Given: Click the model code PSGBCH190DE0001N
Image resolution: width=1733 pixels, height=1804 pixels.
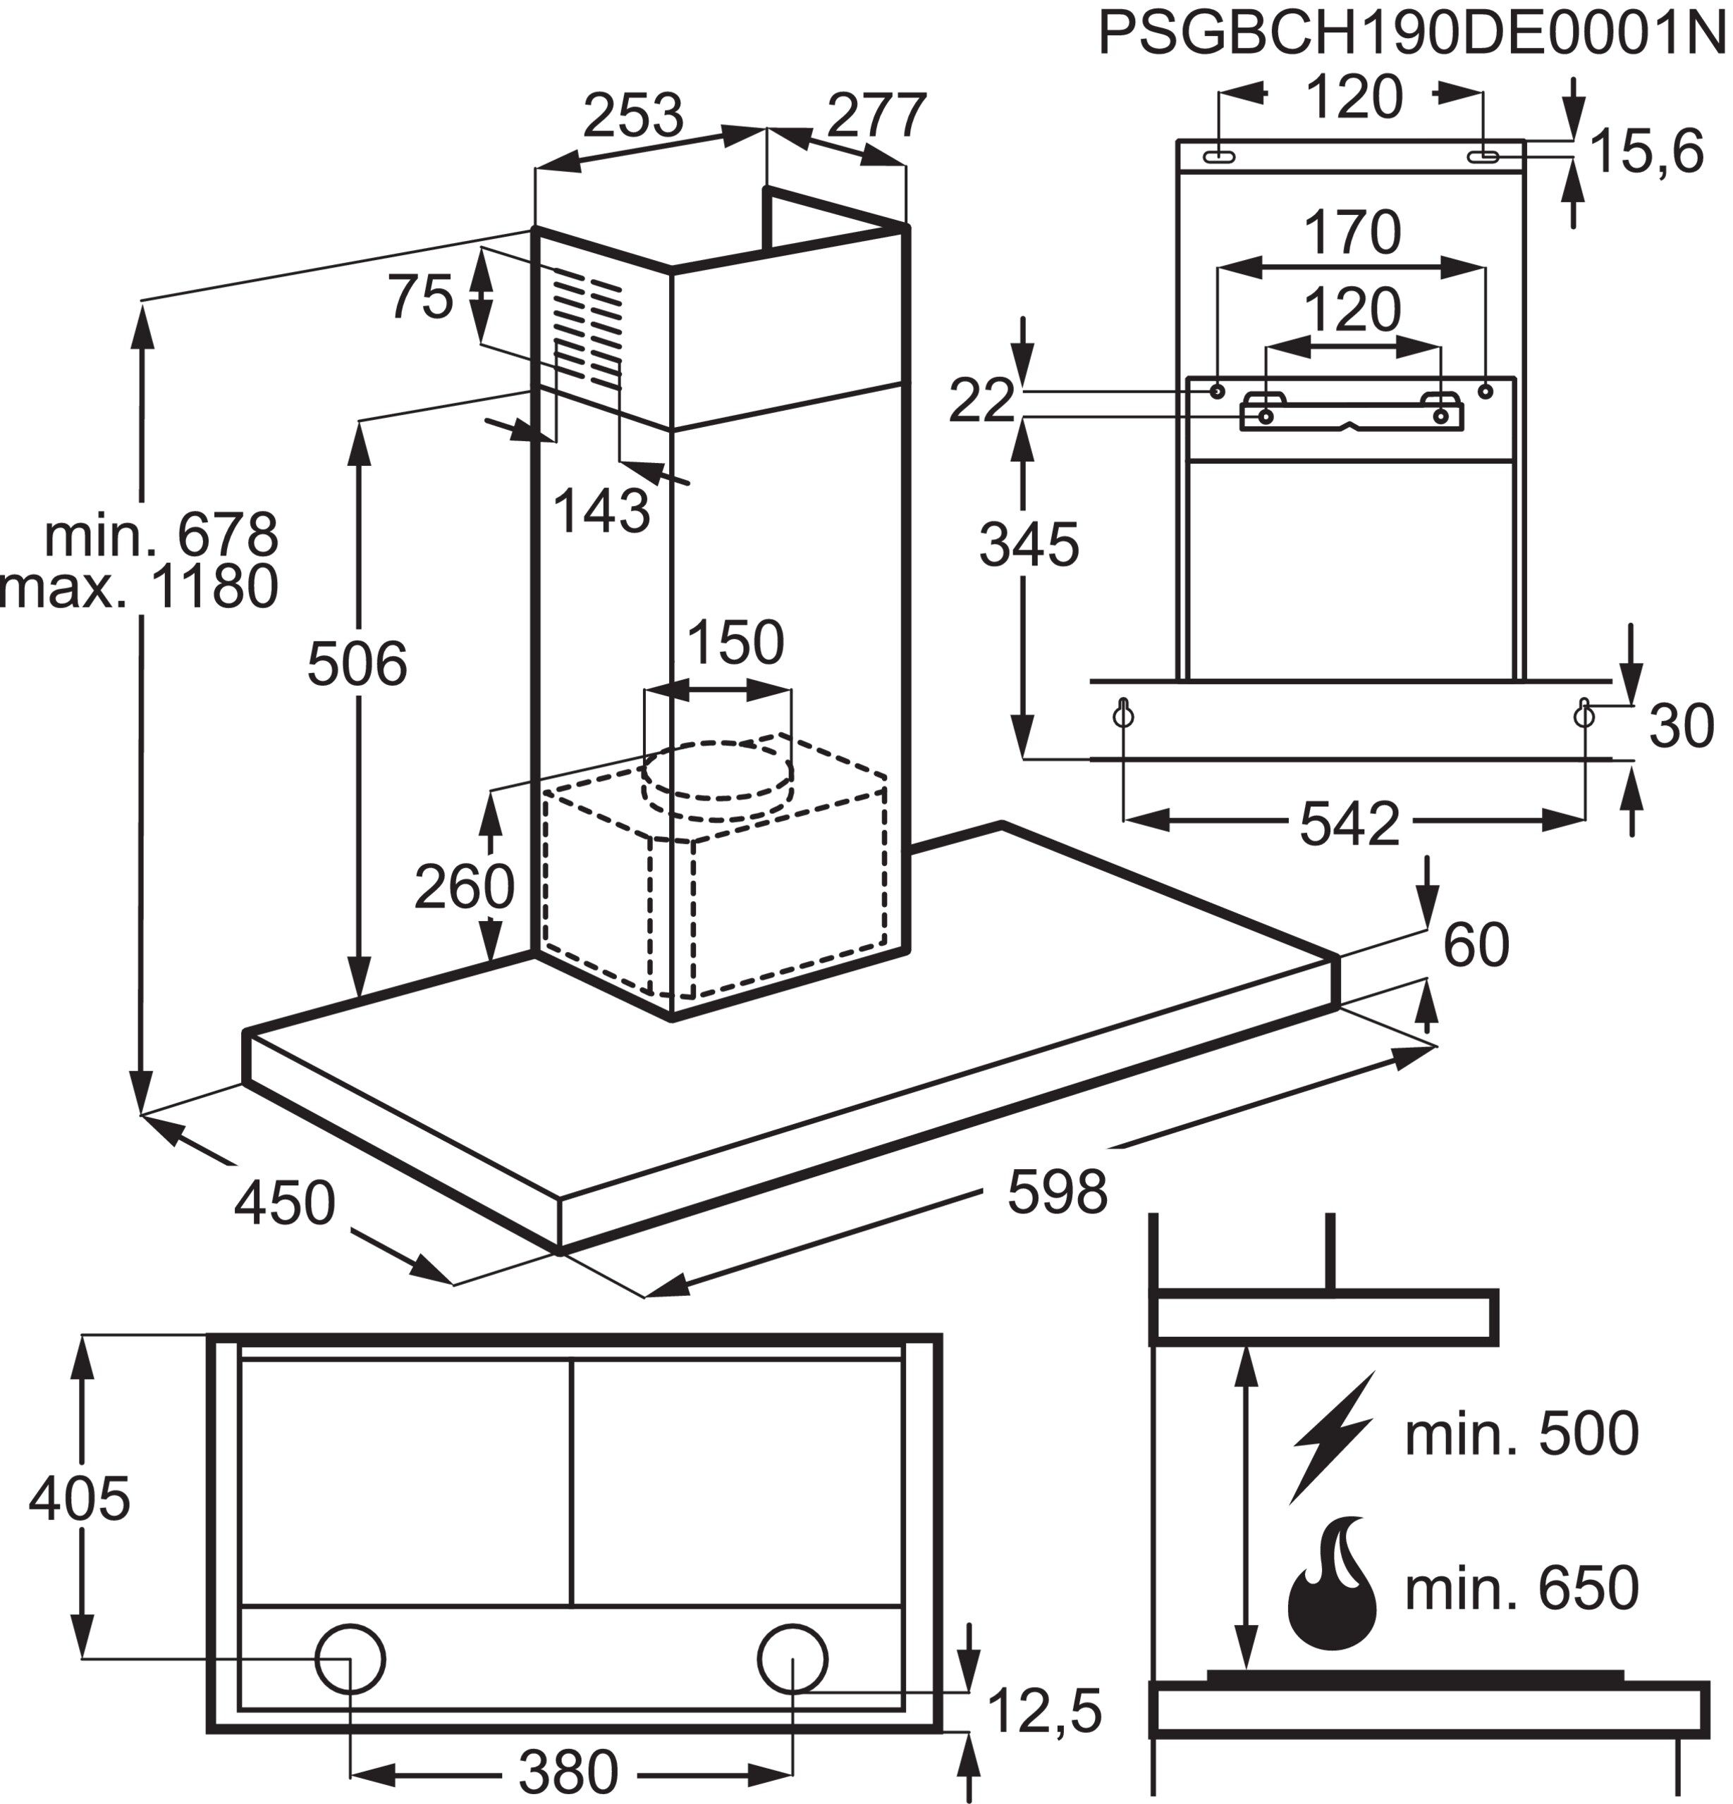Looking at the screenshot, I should pos(1411,35).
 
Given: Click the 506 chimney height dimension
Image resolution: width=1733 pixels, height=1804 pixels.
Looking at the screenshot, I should pos(356,665).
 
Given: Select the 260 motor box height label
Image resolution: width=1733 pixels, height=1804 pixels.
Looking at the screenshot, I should pos(463,887).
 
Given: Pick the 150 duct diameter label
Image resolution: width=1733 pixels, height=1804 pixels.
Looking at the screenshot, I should pos(735,643).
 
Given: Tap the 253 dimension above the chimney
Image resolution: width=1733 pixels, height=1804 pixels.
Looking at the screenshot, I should pos(634,115).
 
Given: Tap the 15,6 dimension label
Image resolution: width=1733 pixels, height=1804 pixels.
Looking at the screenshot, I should pos(1646,152).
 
